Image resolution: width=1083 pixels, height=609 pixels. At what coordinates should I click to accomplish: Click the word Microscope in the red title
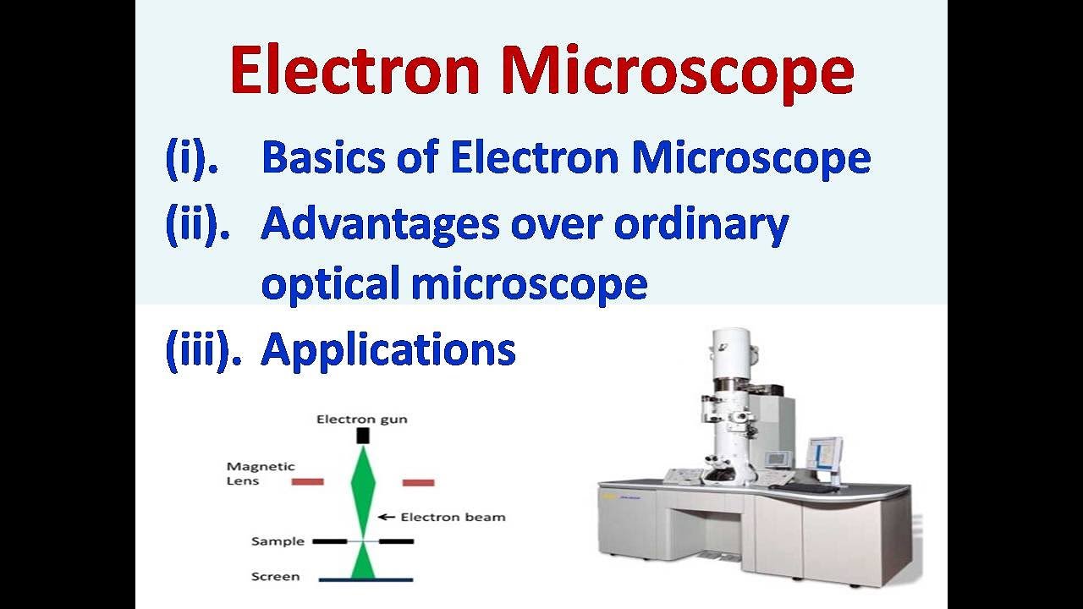click(677, 72)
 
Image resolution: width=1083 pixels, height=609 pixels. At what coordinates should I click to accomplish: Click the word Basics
click(338, 158)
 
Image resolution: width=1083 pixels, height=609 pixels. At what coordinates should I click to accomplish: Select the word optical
click(330, 284)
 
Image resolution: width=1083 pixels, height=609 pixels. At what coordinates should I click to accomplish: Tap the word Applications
click(388, 349)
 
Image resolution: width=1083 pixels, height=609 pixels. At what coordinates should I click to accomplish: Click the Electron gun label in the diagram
click(362, 419)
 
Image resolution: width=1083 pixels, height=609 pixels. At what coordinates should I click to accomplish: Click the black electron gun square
click(363, 436)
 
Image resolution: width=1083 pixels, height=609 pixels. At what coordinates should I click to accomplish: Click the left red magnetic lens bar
click(307, 482)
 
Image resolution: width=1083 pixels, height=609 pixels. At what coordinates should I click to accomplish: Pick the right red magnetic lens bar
click(418, 482)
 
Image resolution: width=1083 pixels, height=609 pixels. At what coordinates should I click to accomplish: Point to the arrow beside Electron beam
click(387, 517)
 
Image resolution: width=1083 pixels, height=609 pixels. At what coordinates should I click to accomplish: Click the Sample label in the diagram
click(278, 541)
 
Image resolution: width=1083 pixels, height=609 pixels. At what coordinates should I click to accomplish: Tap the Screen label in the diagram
click(275, 577)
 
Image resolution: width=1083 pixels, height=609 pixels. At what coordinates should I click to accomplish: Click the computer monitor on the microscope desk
click(823, 454)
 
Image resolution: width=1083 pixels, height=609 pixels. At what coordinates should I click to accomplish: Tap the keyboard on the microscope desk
click(814, 488)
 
